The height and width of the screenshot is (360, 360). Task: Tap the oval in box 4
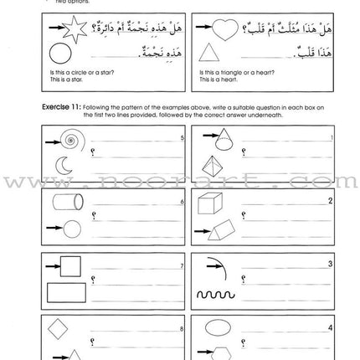224,329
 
